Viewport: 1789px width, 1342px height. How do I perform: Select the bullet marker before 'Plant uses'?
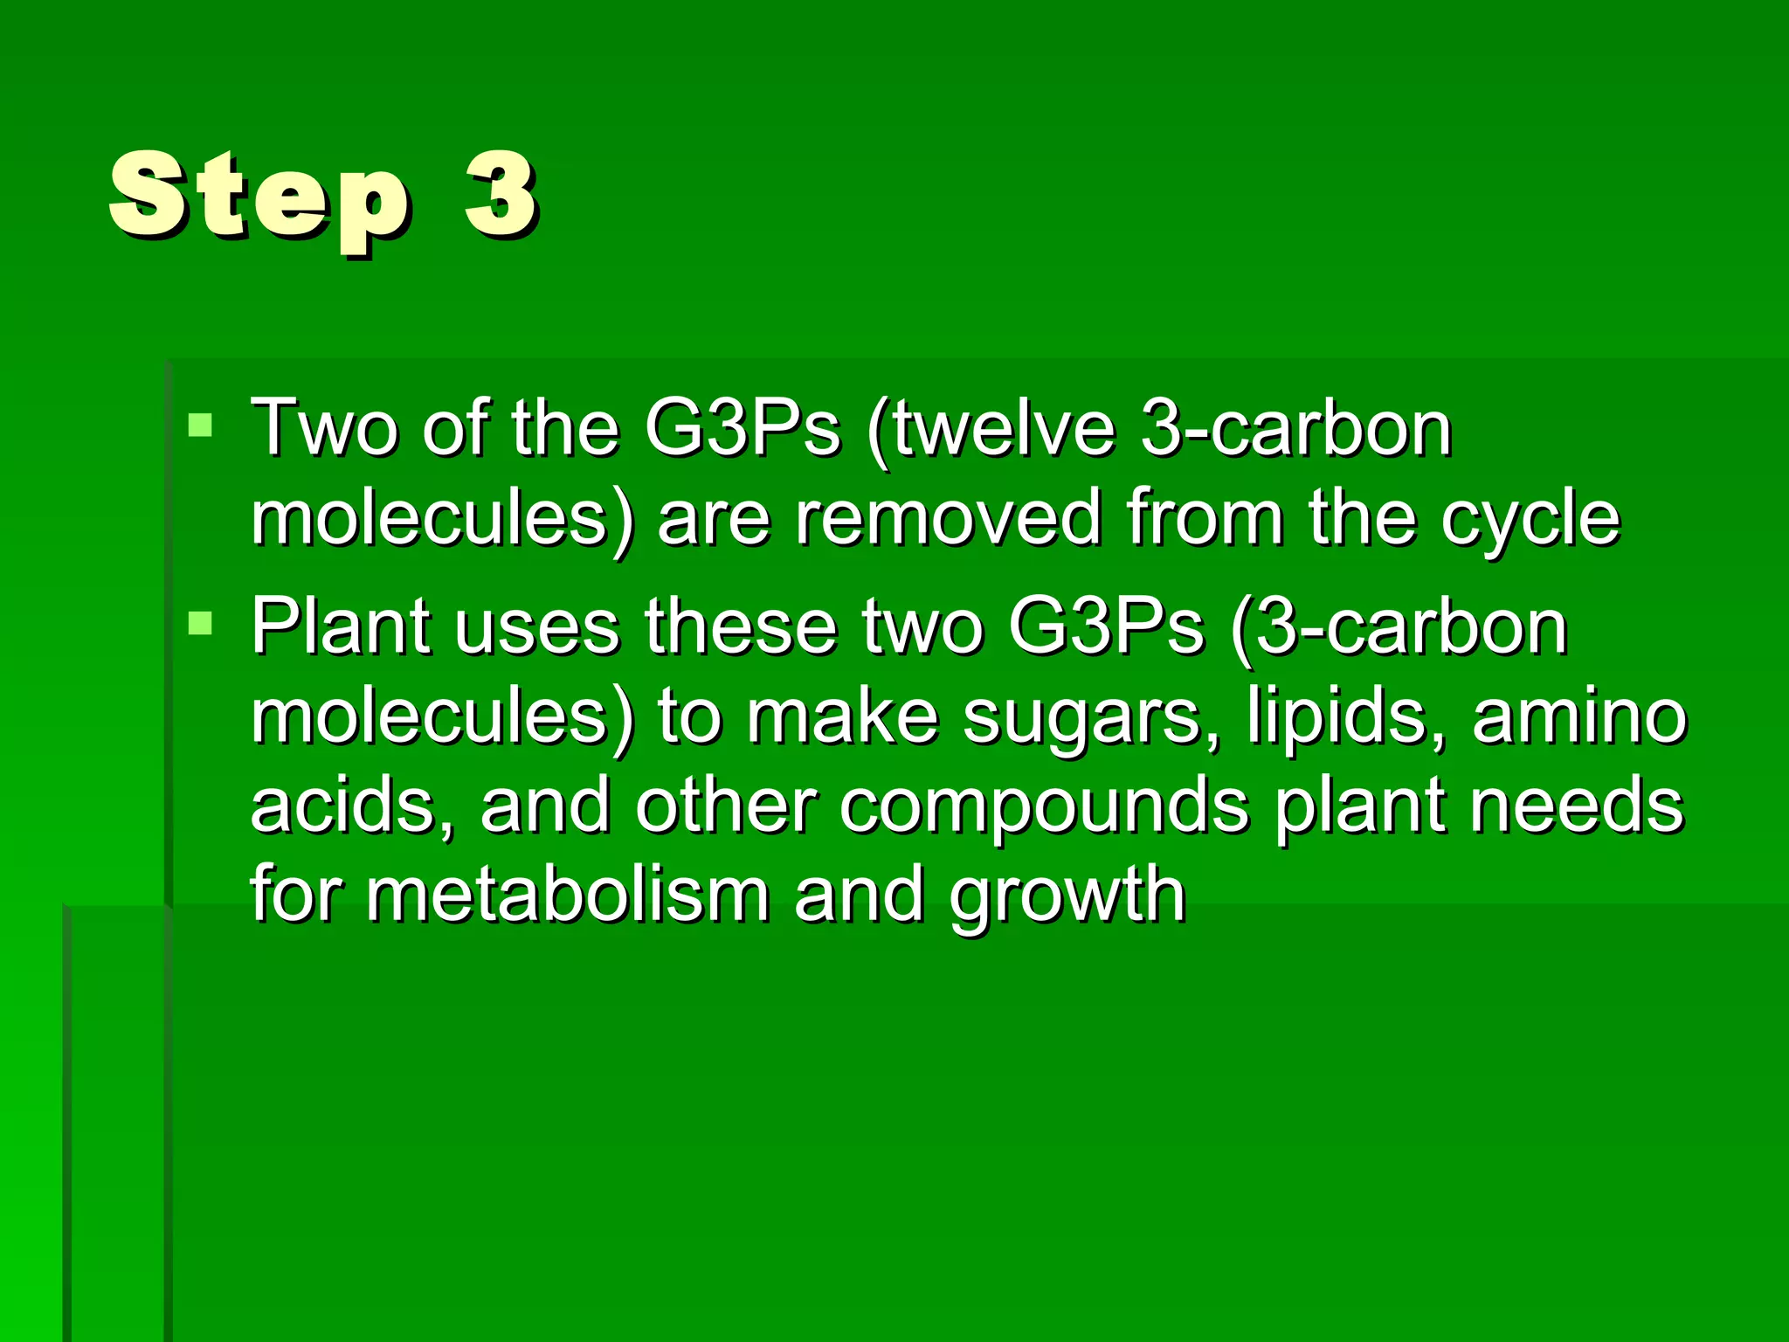tap(200, 622)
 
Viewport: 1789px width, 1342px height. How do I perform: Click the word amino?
tap(1579, 716)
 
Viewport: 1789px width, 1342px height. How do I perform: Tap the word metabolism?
tap(568, 895)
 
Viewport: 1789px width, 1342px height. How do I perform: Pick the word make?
tap(842, 716)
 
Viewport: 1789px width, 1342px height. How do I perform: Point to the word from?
tap(1205, 518)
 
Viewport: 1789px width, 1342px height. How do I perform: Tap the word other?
tap(726, 806)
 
